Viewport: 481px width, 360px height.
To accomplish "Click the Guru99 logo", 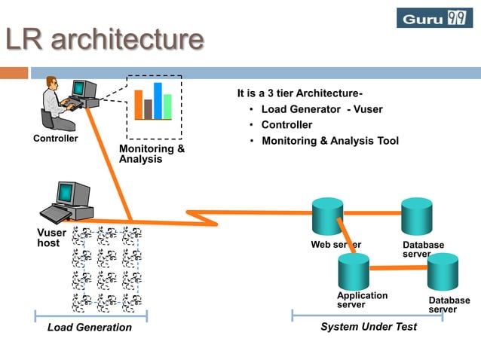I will tap(434, 17).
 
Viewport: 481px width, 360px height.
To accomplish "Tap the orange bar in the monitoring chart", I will tap(138, 105).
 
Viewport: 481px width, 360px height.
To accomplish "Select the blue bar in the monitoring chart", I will tap(158, 101).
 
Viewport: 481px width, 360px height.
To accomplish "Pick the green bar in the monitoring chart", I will tap(168, 106).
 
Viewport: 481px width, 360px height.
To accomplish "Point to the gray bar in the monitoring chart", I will tap(149, 109).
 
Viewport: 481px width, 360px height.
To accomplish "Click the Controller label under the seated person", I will tap(55, 139).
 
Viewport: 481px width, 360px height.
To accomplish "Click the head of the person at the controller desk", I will tap(51, 82).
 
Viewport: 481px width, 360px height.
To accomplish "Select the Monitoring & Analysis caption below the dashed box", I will tap(152, 154).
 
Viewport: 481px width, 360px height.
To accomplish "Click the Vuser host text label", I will tap(51, 238).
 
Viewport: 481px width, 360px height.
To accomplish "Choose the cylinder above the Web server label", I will tap(328, 216).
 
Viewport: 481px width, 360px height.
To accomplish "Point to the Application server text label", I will tap(362, 300).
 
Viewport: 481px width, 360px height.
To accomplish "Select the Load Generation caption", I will tap(89, 328).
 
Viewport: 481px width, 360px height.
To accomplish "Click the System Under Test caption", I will tap(368, 327).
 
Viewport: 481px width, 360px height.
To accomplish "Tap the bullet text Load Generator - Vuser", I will tap(321, 109).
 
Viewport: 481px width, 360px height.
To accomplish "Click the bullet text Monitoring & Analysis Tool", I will tap(329, 141).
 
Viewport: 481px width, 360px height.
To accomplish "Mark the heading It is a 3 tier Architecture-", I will tap(299, 93).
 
